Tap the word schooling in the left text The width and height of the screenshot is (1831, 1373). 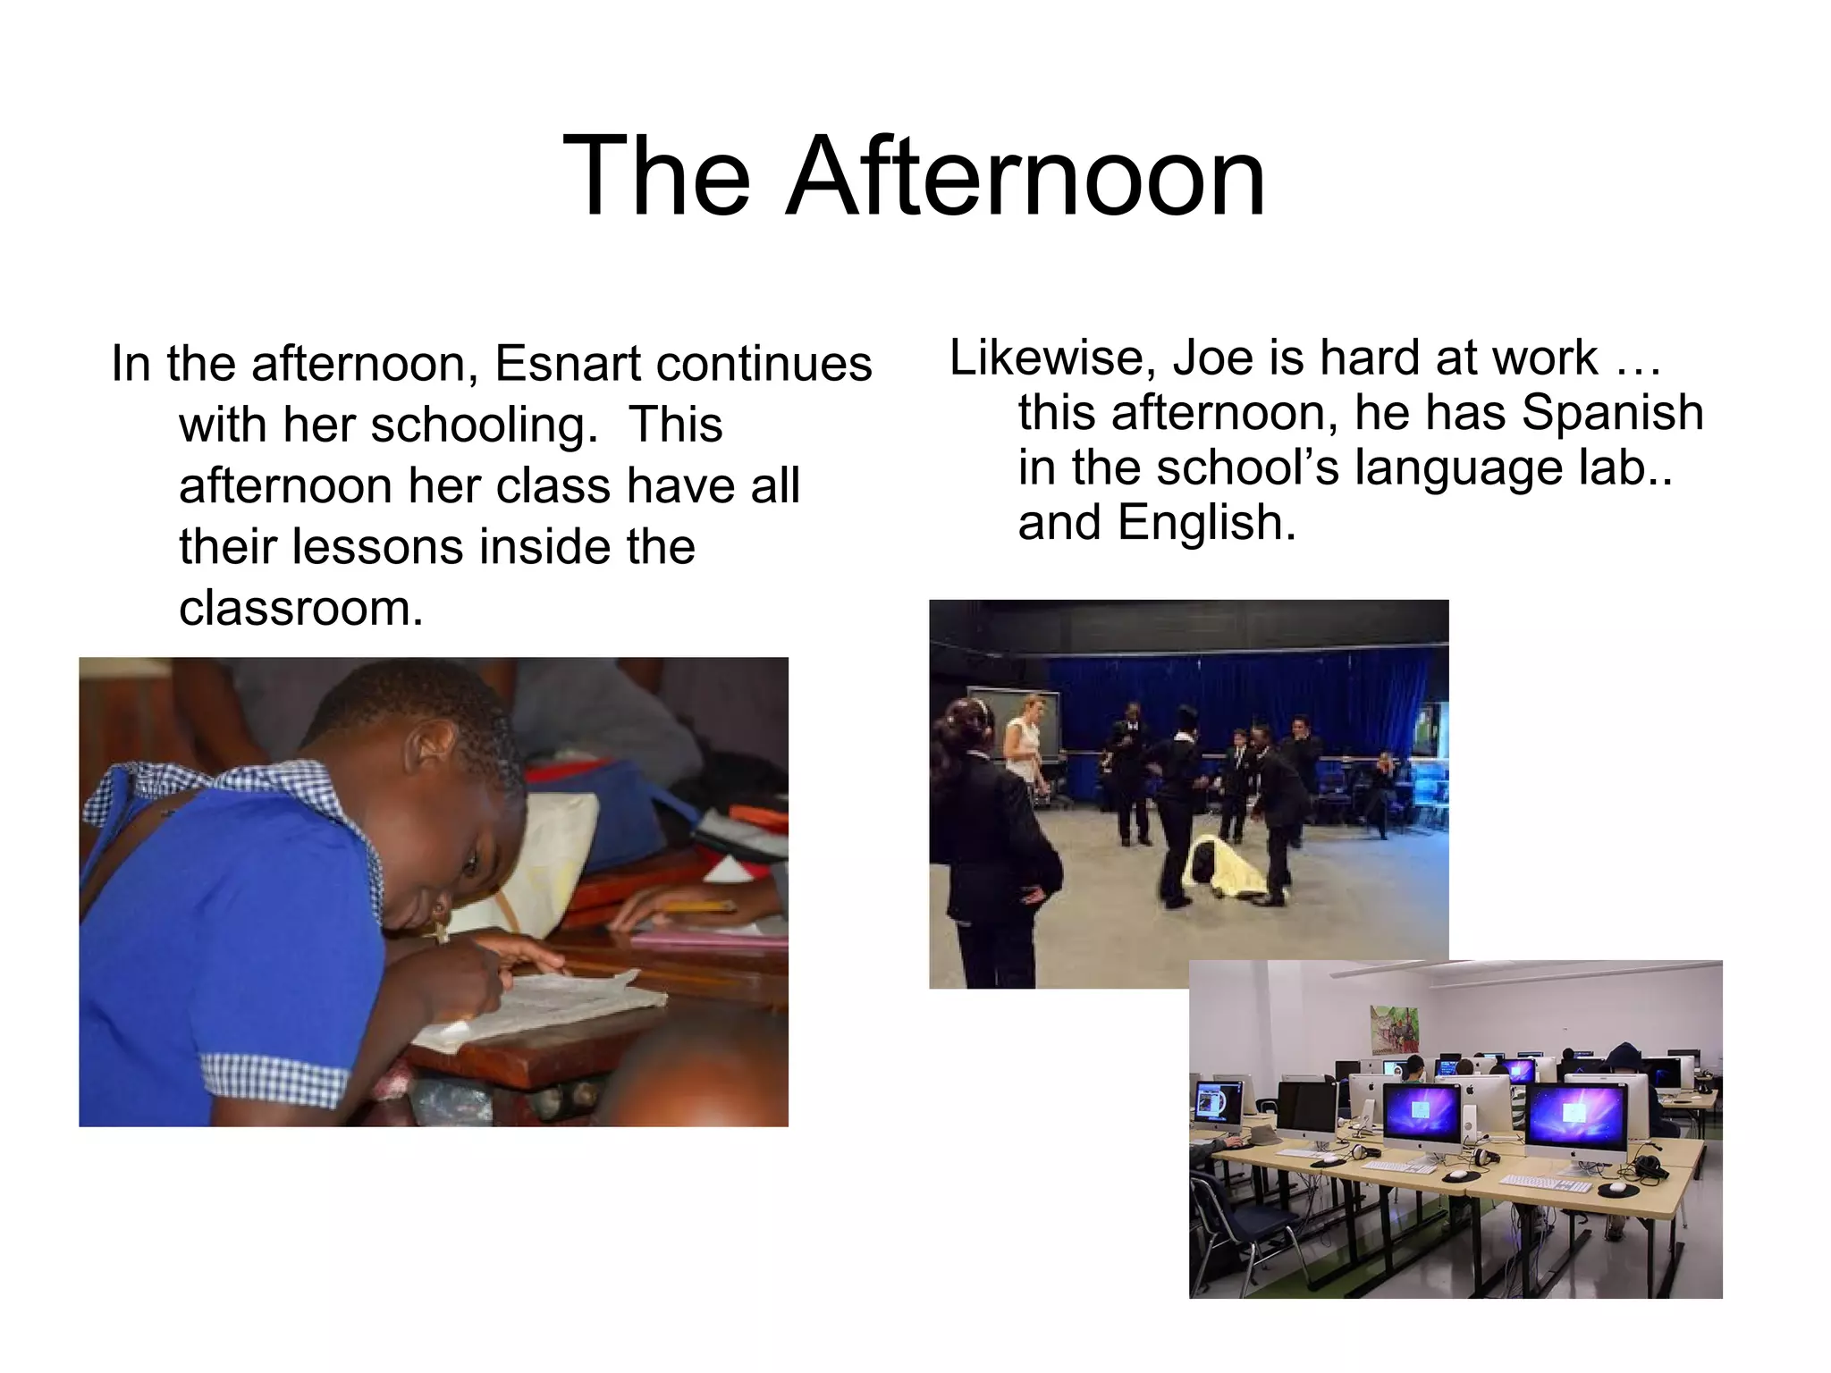[x=484, y=425]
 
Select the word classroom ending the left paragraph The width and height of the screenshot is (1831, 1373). [x=300, y=609]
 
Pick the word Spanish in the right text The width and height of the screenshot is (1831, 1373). [x=1612, y=413]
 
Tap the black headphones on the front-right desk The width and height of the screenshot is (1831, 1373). [x=1650, y=1166]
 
